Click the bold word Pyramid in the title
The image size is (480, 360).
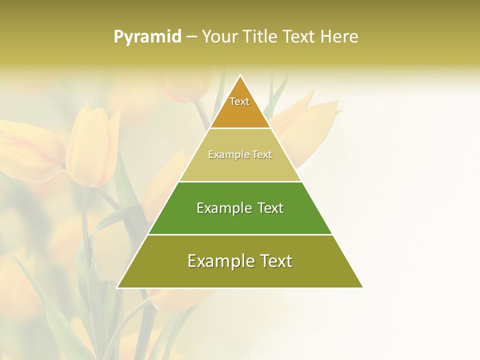point(147,37)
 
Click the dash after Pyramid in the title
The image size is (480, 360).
point(190,37)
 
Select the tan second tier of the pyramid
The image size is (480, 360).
point(240,167)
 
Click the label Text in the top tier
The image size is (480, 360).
point(239,101)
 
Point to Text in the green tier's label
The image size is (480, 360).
point(270,208)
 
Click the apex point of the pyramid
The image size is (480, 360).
point(240,75)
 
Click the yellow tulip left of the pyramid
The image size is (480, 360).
point(90,147)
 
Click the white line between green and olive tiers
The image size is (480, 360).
point(240,234)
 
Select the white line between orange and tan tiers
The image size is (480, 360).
point(240,128)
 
